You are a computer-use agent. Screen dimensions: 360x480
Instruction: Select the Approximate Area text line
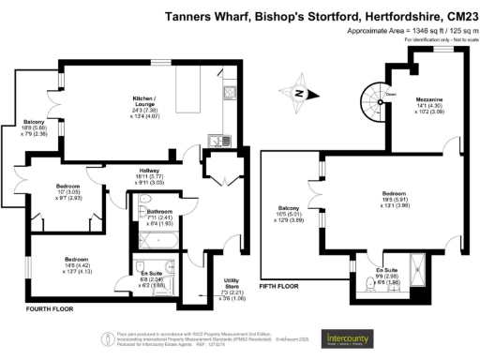click(407, 31)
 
